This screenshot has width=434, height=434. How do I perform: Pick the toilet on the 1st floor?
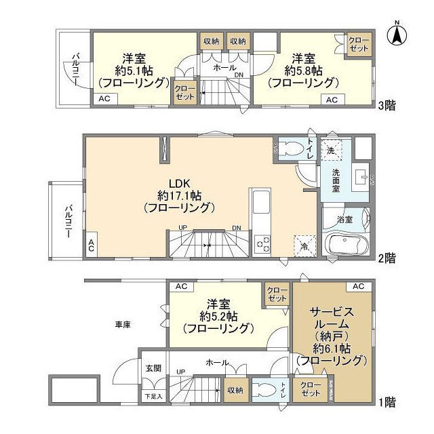pyautogui.click(x=263, y=390)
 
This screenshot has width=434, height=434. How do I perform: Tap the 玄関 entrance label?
pyautogui.click(x=153, y=368)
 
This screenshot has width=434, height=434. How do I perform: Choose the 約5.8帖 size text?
pyautogui.click(x=302, y=70)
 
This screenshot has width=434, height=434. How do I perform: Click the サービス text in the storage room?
pyautogui.click(x=332, y=311)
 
